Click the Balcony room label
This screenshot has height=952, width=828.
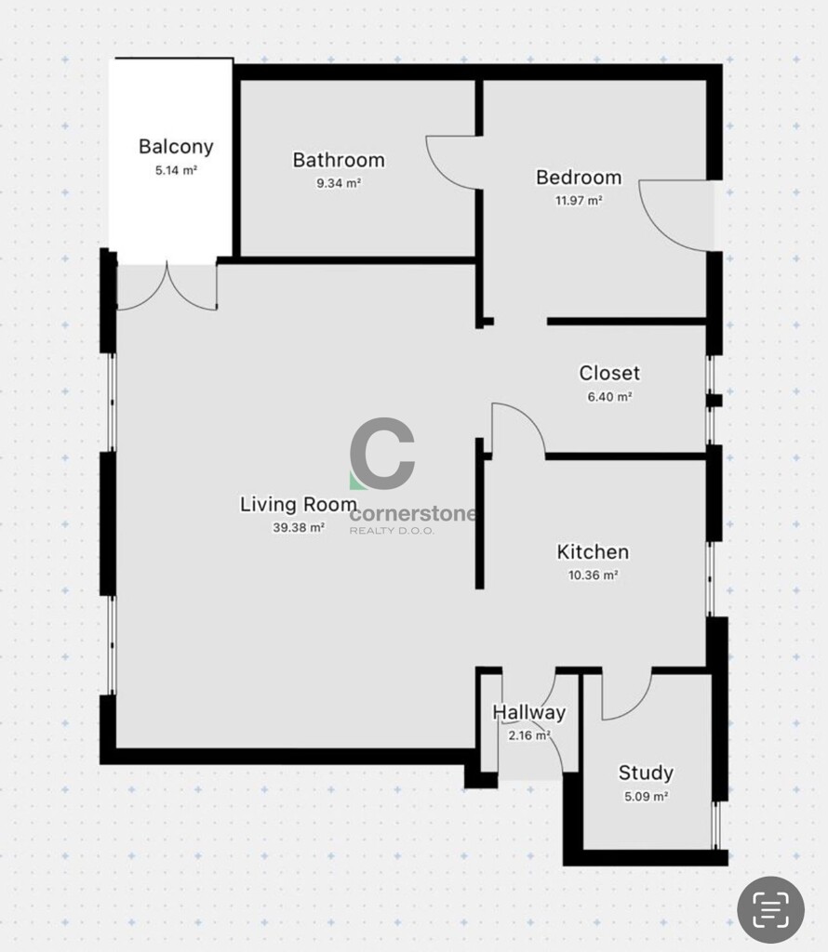(x=176, y=147)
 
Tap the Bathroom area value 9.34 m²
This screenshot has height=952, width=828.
(x=339, y=183)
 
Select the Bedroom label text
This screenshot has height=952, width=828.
(x=579, y=178)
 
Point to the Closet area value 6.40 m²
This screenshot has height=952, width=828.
(x=609, y=396)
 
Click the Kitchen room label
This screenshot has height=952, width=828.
(x=593, y=552)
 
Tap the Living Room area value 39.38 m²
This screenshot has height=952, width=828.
(x=299, y=528)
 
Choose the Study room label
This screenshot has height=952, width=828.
(x=646, y=773)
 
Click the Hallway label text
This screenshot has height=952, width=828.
(x=528, y=712)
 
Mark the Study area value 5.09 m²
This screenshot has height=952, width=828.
(x=647, y=796)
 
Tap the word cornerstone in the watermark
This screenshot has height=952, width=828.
(x=413, y=514)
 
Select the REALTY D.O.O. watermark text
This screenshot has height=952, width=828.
(x=392, y=531)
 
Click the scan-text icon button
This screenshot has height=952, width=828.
(x=771, y=909)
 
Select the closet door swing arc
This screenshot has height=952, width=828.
(x=529, y=419)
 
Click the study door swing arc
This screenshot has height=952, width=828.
(x=634, y=707)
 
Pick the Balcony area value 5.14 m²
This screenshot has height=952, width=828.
(x=176, y=171)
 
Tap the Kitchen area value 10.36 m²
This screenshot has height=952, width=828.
(x=593, y=575)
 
